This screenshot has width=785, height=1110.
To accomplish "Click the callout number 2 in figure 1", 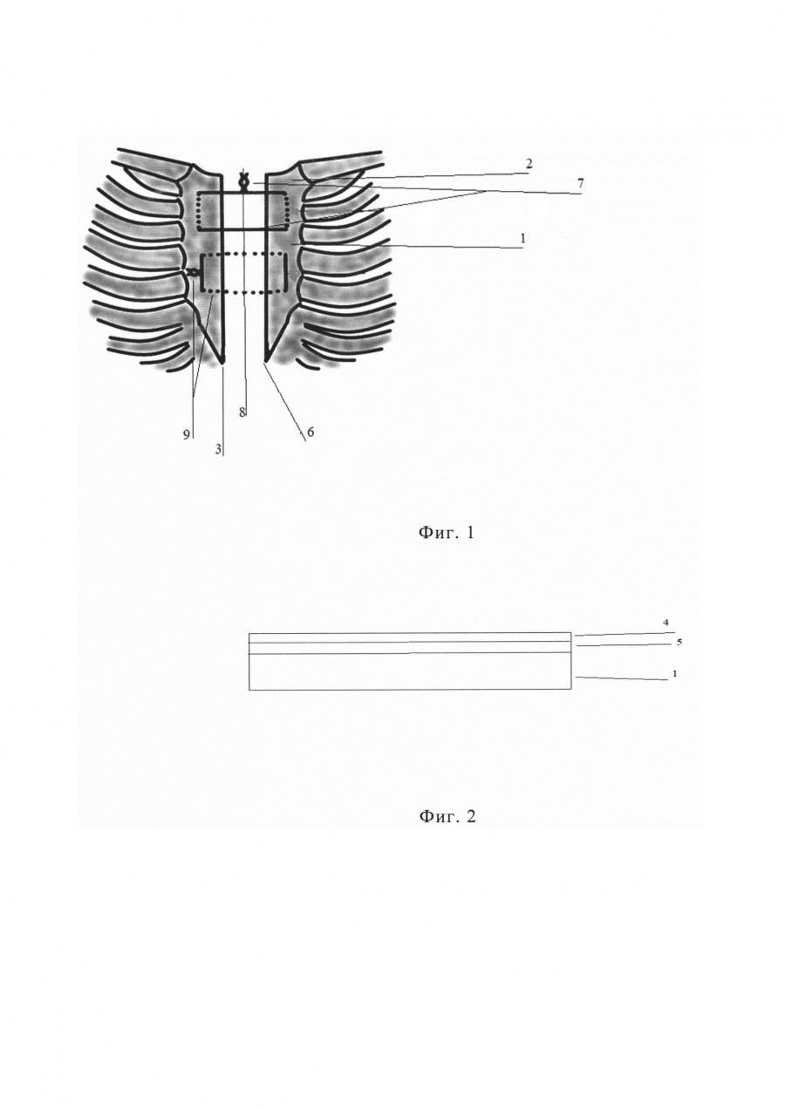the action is point(529,165).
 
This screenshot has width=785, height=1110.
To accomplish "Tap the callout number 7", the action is point(580,183).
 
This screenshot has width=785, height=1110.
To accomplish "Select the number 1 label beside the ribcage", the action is point(522,239).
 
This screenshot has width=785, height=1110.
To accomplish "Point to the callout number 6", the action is point(311,432).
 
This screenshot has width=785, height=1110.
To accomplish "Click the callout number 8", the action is point(242,412).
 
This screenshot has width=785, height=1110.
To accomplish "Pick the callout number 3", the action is point(217,449).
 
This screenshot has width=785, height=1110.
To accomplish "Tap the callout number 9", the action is point(187,434).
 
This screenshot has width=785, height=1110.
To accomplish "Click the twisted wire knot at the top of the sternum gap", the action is point(243,184).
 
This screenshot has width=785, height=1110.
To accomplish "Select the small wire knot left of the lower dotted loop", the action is point(193,272).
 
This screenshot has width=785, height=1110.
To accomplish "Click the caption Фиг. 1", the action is point(447,533).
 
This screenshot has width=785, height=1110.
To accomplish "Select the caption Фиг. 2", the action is point(447,815).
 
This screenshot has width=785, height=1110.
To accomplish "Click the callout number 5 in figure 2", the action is point(679,643).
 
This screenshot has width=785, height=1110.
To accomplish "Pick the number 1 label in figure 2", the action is point(674,674).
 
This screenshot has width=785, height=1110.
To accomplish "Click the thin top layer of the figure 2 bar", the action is point(410,637).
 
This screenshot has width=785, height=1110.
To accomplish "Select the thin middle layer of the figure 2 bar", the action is point(410,648).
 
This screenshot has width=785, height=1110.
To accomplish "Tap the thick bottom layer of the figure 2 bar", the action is point(410,671).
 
